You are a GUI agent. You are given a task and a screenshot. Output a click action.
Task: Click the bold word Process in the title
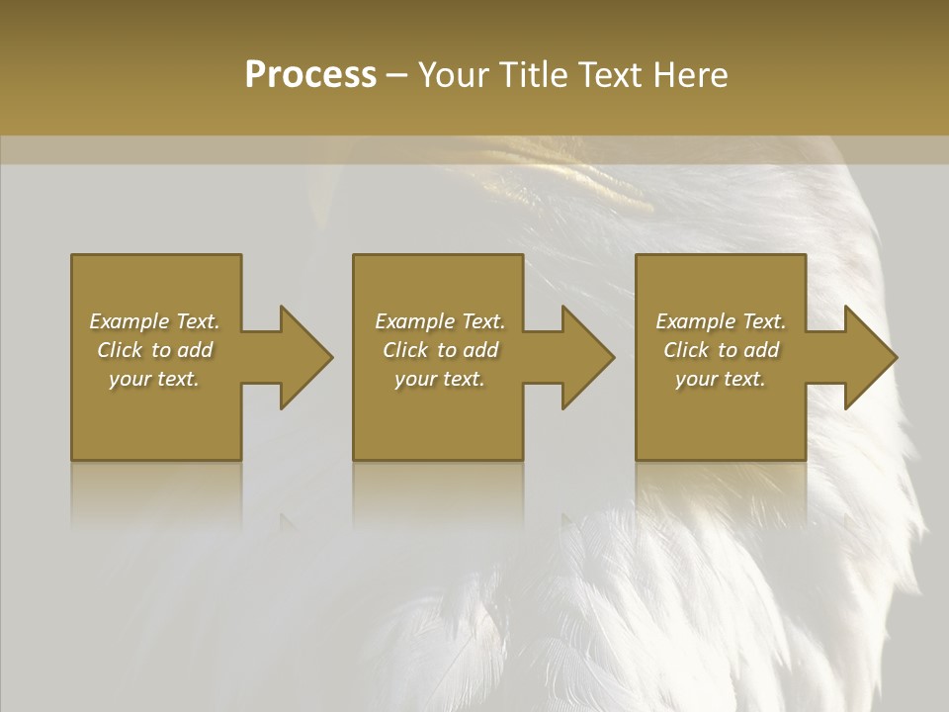(310, 75)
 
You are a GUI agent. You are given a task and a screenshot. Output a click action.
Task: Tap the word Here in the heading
(691, 75)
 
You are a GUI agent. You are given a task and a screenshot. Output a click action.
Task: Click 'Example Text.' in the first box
(154, 321)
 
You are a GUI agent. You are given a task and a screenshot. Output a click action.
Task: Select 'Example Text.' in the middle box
(440, 321)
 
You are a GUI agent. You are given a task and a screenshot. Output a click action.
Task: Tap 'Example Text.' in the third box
(721, 321)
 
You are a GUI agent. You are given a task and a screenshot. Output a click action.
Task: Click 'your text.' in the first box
(154, 379)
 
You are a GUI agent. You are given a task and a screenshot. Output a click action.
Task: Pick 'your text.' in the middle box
(440, 379)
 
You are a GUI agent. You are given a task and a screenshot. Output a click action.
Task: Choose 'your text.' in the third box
(721, 379)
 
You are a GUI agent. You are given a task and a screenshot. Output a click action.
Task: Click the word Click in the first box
(121, 350)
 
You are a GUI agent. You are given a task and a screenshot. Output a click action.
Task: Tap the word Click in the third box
(687, 350)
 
